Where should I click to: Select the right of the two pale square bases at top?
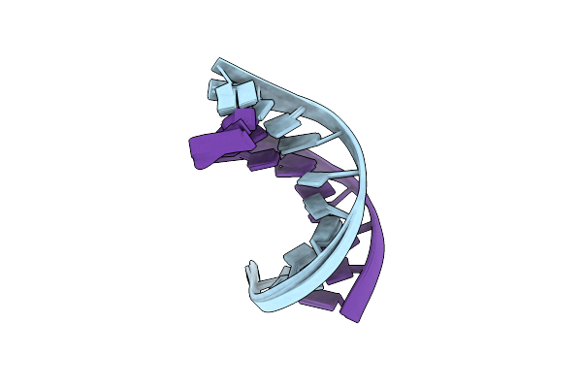tap(245, 97)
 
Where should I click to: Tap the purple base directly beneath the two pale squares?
tap(236, 120)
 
